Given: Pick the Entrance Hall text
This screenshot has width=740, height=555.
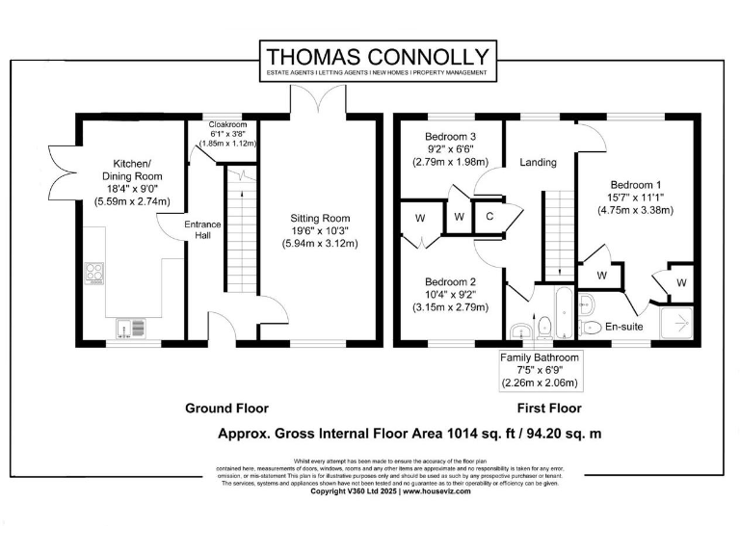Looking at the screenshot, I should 203,231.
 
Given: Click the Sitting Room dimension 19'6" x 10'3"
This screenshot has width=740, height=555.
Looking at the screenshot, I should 323,231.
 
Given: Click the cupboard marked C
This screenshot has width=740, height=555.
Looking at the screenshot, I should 489,217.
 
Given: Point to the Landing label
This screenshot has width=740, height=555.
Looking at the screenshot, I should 537,162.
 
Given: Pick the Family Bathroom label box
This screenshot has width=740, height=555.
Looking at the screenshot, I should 540,370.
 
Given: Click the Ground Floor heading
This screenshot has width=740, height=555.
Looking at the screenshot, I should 226,409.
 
